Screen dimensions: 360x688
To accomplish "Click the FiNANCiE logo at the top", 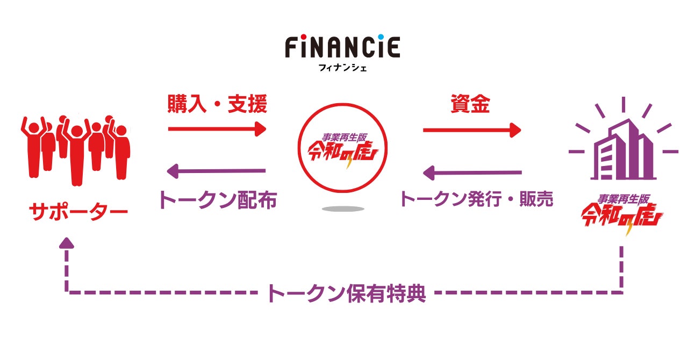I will pos(342,47).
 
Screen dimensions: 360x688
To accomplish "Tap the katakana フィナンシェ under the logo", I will pos(342,68).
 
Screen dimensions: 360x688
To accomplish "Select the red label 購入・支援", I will pos(217,104).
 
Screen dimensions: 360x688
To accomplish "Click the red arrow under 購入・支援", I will pos(217,129).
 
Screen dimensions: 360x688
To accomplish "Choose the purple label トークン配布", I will pos(217,200).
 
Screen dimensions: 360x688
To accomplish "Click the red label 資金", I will pos(470,104).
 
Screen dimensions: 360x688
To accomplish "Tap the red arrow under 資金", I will pos(472,129).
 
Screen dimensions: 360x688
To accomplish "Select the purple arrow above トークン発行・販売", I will pos(472,172).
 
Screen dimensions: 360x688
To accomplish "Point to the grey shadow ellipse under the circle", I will pos(342,208).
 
